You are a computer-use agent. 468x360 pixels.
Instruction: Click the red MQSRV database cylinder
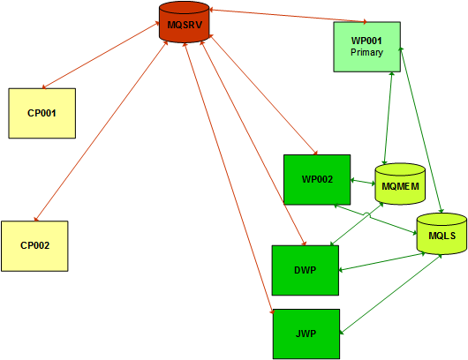(x=185, y=22)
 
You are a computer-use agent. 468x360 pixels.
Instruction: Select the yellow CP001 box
(x=42, y=113)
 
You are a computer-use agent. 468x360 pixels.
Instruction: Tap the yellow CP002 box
(x=34, y=246)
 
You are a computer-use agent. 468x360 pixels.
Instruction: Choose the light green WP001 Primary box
(x=366, y=47)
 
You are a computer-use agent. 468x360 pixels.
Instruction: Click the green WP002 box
(x=317, y=179)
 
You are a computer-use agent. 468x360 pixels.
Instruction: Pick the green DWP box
(x=306, y=270)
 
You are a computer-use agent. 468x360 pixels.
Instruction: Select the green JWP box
(x=306, y=334)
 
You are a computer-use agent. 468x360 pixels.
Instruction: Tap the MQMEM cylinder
(x=400, y=184)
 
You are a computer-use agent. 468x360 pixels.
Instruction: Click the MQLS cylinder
(x=442, y=234)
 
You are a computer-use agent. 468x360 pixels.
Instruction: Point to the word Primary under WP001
(x=366, y=52)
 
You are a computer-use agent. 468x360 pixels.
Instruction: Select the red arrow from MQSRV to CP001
(x=101, y=55)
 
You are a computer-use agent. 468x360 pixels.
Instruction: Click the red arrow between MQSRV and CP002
(x=101, y=131)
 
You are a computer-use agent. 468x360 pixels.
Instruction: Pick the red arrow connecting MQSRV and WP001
(x=288, y=16)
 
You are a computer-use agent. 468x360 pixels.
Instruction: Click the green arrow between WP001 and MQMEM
(x=389, y=118)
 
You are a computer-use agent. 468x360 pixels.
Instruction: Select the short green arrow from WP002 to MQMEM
(x=363, y=182)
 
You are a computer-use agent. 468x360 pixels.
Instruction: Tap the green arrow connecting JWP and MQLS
(x=391, y=294)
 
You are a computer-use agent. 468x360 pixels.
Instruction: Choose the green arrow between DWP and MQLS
(x=382, y=262)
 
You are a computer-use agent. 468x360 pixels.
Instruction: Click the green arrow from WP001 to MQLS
(x=421, y=130)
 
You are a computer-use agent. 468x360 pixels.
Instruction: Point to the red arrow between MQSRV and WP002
(x=263, y=94)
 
